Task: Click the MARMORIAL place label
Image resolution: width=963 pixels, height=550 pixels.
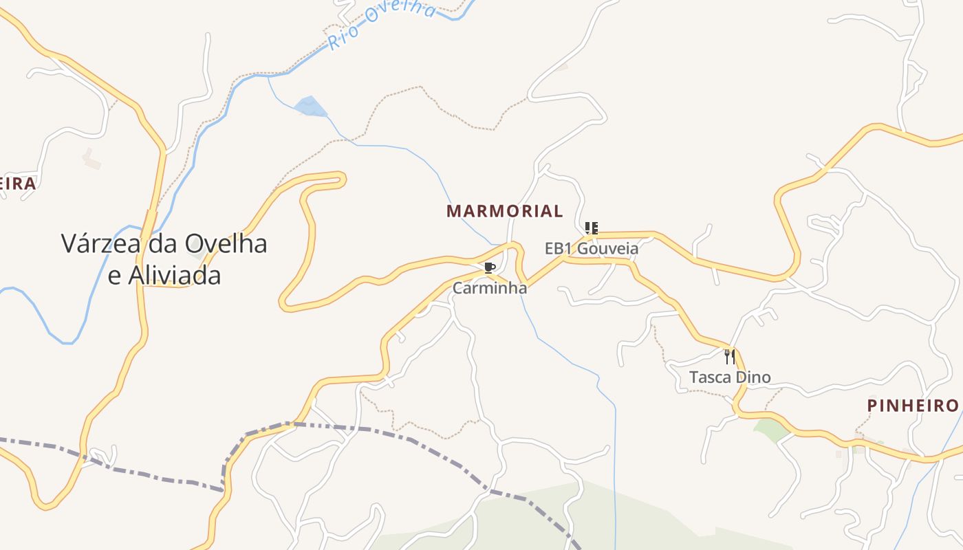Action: click(x=505, y=211)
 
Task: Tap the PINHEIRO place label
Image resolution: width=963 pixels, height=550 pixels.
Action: click(x=913, y=406)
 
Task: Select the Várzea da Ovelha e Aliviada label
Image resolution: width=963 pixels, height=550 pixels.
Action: click(x=164, y=259)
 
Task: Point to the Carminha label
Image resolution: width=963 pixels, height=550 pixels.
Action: click(x=490, y=288)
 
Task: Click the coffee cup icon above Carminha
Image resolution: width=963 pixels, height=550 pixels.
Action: click(x=490, y=267)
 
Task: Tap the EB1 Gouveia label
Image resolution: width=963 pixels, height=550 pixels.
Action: click(x=592, y=248)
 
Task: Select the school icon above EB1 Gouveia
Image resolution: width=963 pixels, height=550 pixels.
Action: click(x=592, y=228)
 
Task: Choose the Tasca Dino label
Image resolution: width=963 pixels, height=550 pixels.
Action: click(x=730, y=377)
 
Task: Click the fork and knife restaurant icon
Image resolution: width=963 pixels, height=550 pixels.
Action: click(x=730, y=356)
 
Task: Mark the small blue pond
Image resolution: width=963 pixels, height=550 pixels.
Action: click(x=310, y=107)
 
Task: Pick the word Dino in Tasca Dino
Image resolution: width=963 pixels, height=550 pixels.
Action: click(x=753, y=377)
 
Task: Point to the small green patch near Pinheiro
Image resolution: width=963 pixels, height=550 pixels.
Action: click(x=771, y=430)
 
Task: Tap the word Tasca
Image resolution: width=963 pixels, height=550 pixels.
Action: click(x=711, y=377)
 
